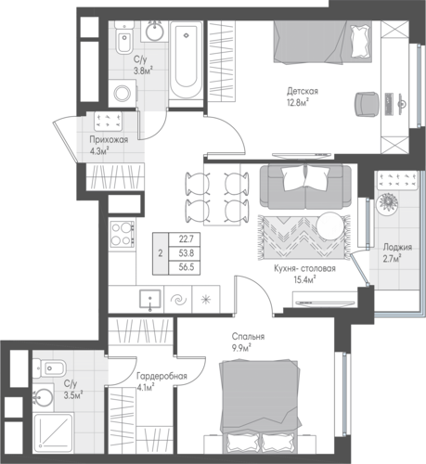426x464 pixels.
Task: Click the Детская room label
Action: pyautogui.click(x=303, y=92)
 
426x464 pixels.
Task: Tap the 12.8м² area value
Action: pyautogui.click(x=299, y=102)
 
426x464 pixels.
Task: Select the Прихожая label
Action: pyautogui.click(x=109, y=140)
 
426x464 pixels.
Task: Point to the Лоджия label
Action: pyautogui.click(x=397, y=248)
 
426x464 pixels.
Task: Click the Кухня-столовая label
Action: pyautogui.click(x=304, y=268)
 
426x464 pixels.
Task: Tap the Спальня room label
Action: pyautogui.click(x=248, y=337)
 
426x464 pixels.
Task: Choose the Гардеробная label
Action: pyautogui.click(x=162, y=377)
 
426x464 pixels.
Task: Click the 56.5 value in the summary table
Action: pyautogui.click(x=187, y=267)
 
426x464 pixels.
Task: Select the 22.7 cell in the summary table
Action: pyautogui.click(x=187, y=238)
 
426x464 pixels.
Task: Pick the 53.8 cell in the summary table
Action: pyautogui.click(x=187, y=253)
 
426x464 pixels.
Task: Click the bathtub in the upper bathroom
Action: pyautogui.click(x=186, y=60)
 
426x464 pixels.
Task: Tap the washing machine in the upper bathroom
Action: pyautogui.click(x=123, y=94)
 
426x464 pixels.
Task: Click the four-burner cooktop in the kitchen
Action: pyautogui.click(x=123, y=234)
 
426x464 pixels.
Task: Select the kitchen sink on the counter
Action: pyautogui.click(x=150, y=299)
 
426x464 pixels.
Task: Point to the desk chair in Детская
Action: pyautogui.click(x=367, y=104)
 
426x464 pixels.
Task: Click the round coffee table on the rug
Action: pyautogui.click(x=330, y=226)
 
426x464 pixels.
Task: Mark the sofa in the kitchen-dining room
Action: pyautogui.click(x=305, y=187)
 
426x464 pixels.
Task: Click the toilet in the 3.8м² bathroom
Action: pyautogui.click(x=124, y=38)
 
